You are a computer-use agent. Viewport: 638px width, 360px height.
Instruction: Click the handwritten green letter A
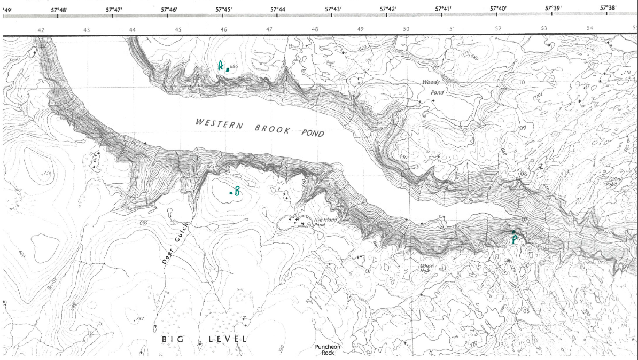tap(220, 66)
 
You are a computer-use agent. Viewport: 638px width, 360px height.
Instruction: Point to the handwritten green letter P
tap(514, 239)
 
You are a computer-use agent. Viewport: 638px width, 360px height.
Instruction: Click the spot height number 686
tap(234, 66)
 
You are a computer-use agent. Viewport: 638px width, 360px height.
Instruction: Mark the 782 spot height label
tap(140, 318)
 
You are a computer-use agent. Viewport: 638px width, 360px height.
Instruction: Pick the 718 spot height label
tap(627, 72)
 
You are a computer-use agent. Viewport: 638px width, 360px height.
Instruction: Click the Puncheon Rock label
tap(328, 349)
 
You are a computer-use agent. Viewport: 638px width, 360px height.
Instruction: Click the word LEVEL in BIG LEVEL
tap(228, 339)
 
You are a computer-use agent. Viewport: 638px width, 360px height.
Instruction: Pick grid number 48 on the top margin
tap(315, 29)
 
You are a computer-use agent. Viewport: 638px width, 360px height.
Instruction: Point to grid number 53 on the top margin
tap(543, 29)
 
